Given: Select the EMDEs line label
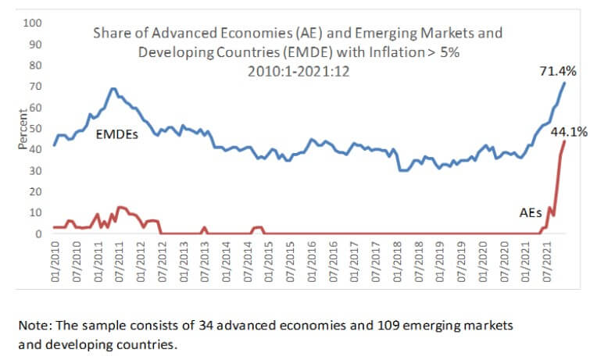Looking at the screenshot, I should [117, 134].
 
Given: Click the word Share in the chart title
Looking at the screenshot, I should [110, 34].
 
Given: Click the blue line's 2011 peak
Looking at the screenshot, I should [114, 88].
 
